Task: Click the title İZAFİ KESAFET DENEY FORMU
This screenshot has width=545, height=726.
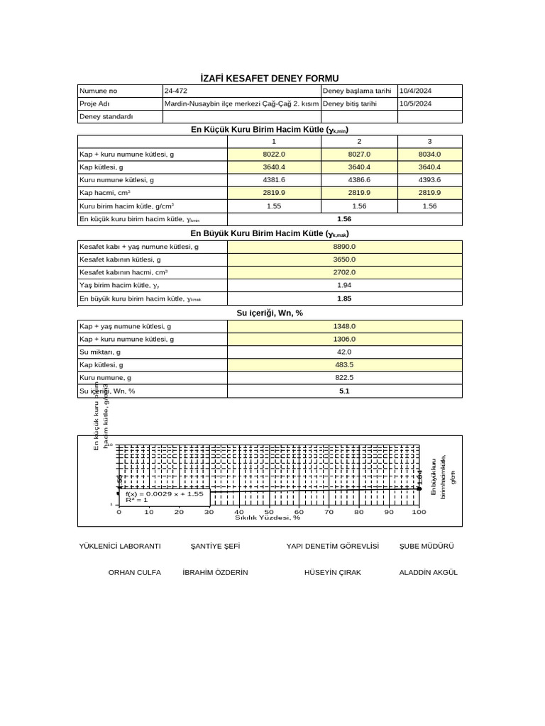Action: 270,78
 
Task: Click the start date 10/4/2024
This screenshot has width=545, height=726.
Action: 420,91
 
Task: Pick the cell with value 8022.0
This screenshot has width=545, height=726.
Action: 274,154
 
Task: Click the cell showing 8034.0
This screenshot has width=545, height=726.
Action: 429,154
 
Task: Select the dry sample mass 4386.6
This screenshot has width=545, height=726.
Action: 359,180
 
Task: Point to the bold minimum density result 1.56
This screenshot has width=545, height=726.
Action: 344,219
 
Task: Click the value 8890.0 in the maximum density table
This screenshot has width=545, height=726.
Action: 344,247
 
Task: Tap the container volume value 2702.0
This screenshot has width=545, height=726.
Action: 344,272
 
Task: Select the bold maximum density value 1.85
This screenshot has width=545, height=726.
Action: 344,298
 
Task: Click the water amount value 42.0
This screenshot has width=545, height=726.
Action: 344,352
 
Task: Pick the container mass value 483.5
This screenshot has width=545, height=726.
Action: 344,364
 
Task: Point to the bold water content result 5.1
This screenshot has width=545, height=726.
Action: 344,391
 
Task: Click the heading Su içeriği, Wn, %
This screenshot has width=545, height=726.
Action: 270,313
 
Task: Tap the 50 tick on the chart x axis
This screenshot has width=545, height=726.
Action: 269,511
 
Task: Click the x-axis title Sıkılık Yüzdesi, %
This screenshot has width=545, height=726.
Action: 268,518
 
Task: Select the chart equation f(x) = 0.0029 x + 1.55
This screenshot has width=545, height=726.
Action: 165,493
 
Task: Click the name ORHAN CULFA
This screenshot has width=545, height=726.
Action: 134,572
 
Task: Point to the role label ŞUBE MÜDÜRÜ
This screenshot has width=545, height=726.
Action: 426,546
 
